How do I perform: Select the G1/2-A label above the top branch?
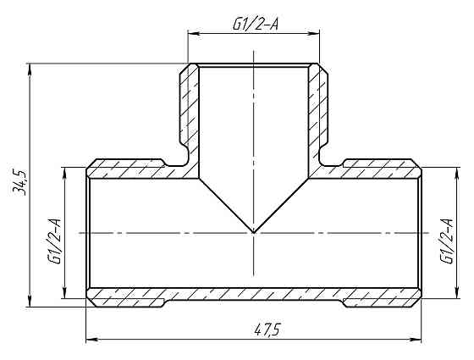point(256,25)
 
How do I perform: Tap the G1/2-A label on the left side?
point(54,241)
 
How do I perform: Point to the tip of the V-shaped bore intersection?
point(254,231)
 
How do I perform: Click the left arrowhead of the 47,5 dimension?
point(91,341)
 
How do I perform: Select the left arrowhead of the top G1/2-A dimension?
point(191,35)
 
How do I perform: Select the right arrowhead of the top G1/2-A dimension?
point(317,35)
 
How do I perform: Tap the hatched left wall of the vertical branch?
point(190,110)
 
